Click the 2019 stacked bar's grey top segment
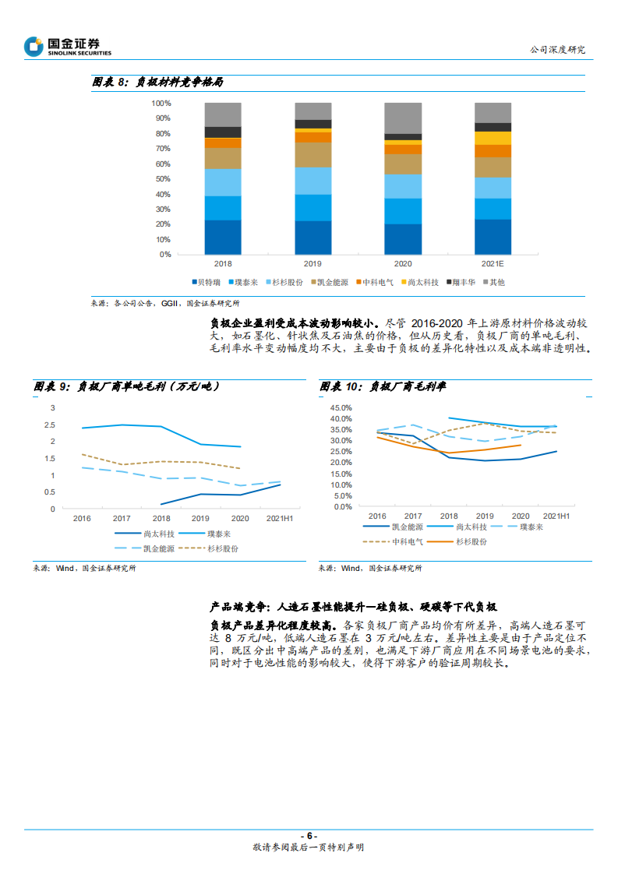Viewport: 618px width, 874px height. click(x=313, y=111)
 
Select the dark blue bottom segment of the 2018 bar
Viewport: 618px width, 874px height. click(x=223, y=237)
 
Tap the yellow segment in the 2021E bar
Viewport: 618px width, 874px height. click(x=493, y=138)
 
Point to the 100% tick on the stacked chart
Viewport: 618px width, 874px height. click(x=161, y=103)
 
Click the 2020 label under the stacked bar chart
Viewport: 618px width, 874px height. click(x=403, y=264)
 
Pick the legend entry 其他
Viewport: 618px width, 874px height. click(x=496, y=282)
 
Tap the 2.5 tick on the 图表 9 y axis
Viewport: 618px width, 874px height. click(x=53, y=425)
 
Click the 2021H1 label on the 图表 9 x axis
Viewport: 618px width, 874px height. click(x=281, y=518)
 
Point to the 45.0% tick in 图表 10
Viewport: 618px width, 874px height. click(x=341, y=407)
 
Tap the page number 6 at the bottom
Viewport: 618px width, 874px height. click(x=309, y=836)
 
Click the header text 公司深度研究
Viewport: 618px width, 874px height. click(x=557, y=50)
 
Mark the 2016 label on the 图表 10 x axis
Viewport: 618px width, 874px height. click(x=377, y=516)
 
